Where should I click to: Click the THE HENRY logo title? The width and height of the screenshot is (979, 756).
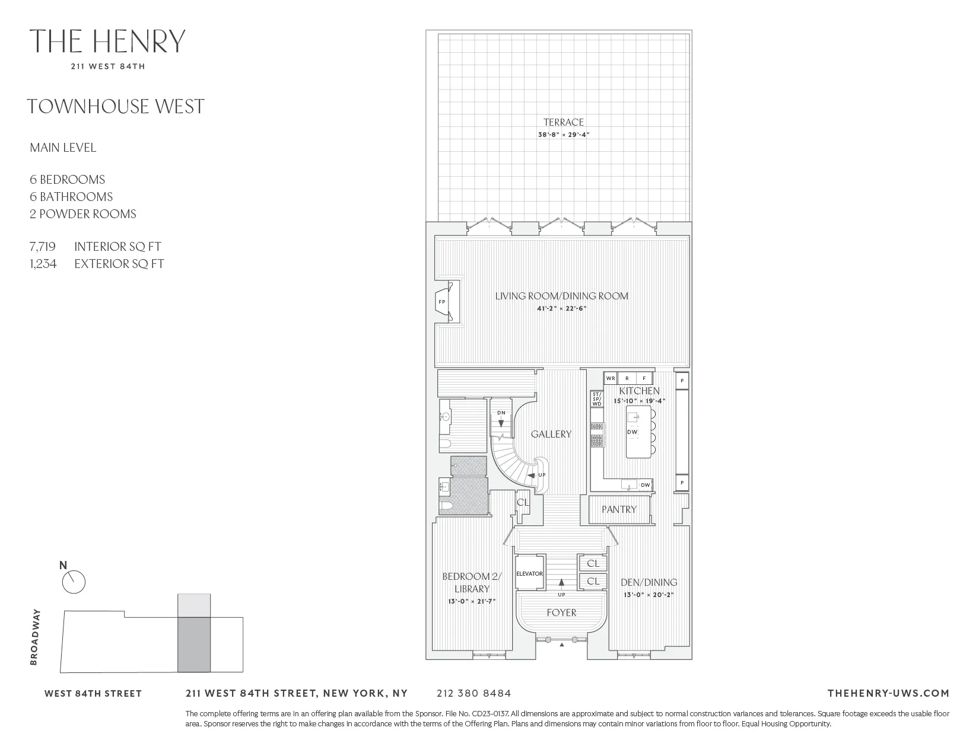107,41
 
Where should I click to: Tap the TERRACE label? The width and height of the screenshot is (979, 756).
564,122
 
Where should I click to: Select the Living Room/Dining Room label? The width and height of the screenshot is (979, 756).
561,296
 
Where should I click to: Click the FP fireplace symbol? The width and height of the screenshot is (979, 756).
441,302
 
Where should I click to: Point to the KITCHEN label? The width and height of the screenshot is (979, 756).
639,391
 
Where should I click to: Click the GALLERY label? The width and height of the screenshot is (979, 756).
551,434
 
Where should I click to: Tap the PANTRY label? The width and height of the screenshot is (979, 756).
619,509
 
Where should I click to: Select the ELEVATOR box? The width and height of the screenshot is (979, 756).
530,573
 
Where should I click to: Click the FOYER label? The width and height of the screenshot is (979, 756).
561,613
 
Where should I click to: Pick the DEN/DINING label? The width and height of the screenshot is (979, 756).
649,582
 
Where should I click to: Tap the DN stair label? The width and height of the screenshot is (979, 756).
501,413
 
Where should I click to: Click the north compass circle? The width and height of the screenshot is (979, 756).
74,582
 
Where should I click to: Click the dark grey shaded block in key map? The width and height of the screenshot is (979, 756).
193,645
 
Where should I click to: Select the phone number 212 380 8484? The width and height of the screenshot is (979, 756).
473,693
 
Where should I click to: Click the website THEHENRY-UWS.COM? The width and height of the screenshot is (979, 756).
888,693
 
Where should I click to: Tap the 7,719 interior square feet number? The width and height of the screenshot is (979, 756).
43,247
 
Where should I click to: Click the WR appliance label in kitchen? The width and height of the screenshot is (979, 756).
611,378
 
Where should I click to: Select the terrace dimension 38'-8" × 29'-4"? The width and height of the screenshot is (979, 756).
564,135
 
